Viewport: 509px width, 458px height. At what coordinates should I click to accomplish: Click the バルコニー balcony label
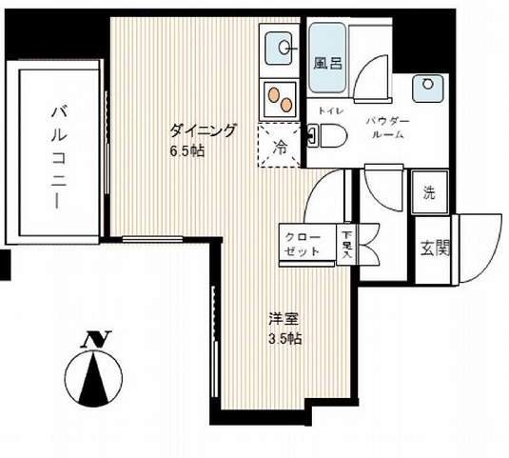click(x=59, y=157)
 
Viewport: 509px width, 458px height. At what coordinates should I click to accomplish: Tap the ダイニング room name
click(x=202, y=130)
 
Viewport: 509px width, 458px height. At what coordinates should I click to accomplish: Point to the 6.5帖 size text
click(x=187, y=151)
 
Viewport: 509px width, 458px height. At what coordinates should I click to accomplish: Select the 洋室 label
click(x=284, y=319)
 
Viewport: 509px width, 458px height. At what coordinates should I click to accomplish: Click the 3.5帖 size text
click(x=285, y=338)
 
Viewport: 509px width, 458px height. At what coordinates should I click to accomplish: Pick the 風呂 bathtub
click(x=327, y=58)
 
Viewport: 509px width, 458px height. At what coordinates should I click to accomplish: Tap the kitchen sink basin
click(x=279, y=48)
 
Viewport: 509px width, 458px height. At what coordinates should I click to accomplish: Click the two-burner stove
click(x=280, y=99)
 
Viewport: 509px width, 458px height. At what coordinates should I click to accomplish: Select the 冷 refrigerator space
click(x=279, y=145)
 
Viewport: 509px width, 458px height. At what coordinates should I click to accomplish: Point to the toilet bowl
click(x=327, y=135)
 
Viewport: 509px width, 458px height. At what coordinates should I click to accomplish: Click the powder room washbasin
click(x=427, y=88)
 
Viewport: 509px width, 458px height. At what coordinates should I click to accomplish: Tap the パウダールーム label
click(x=388, y=128)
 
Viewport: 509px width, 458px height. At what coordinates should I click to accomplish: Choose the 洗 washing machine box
click(x=430, y=191)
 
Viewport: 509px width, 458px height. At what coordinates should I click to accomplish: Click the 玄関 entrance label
click(x=435, y=249)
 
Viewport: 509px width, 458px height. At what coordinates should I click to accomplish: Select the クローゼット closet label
click(x=303, y=244)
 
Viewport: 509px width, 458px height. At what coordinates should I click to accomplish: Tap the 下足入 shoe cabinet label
click(x=346, y=244)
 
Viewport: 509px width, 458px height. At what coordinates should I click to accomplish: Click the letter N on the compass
click(x=97, y=339)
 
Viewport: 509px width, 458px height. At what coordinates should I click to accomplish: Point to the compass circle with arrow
click(x=93, y=378)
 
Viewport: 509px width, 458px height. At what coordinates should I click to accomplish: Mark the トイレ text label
click(x=330, y=111)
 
